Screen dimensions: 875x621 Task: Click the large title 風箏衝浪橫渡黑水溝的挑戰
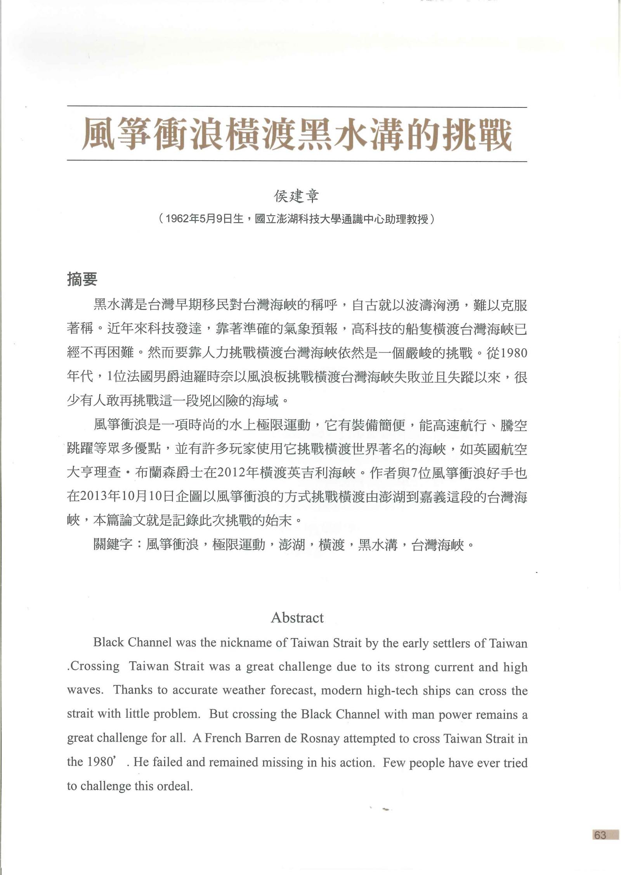297,134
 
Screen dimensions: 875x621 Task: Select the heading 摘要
82,279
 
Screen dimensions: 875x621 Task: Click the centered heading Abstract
297,618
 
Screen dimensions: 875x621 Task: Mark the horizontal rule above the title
297,107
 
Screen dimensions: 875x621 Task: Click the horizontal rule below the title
297,161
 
